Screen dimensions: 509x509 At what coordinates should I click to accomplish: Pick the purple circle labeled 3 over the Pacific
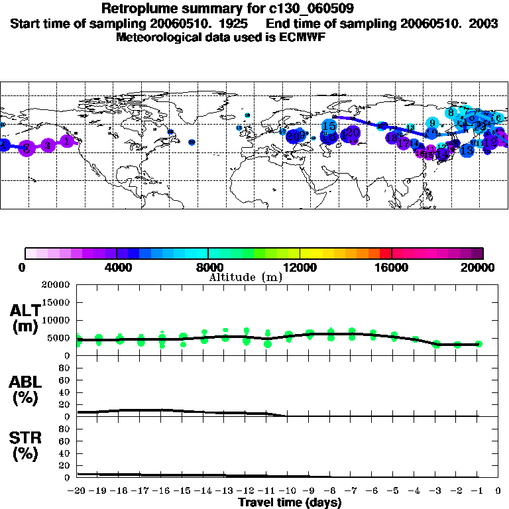(x=27, y=148)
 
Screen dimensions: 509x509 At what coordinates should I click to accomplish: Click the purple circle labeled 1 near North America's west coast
(x=67, y=141)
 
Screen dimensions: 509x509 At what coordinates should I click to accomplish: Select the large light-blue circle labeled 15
(x=329, y=125)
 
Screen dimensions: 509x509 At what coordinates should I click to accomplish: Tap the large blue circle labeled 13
(x=467, y=150)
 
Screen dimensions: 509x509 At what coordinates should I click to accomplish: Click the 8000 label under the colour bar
(x=208, y=267)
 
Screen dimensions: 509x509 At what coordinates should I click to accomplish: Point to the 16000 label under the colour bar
(x=392, y=267)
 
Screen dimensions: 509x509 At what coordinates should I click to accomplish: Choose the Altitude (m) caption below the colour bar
(x=245, y=277)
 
